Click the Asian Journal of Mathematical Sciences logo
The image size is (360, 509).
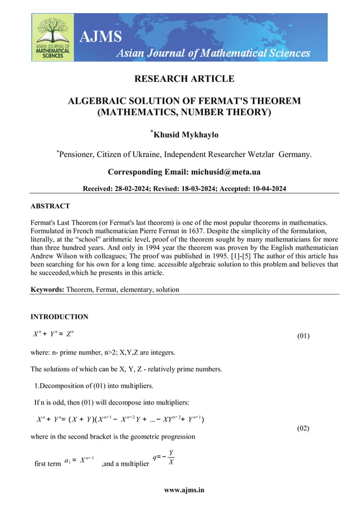(x=52, y=37)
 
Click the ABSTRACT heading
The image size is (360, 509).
(x=50, y=206)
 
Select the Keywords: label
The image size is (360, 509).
(x=47, y=289)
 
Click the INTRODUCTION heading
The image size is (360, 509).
(x=59, y=317)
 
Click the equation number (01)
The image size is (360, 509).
(x=303, y=337)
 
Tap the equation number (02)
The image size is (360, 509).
(x=303, y=428)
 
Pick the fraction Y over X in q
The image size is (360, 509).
(x=171, y=457)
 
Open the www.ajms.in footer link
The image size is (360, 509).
(x=184, y=490)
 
